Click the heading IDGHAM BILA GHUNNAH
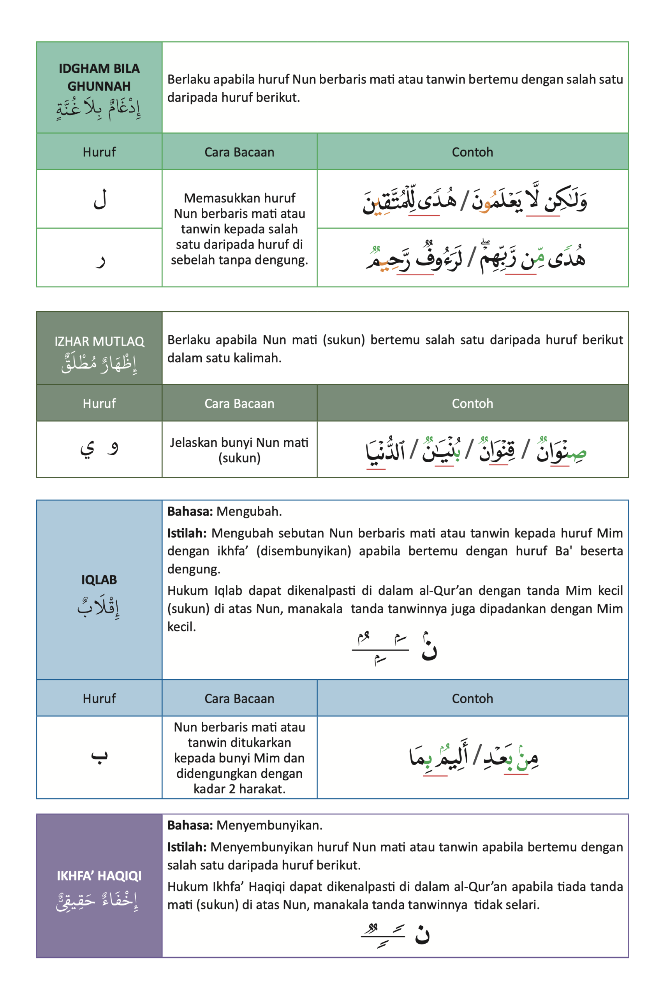(x=99, y=77)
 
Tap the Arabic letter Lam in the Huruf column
(x=100, y=199)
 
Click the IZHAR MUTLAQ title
(x=99, y=341)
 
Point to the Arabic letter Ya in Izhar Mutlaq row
(x=87, y=449)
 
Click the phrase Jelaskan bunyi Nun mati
(x=239, y=442)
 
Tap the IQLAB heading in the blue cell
(x=99, y=580)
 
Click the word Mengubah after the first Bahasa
(x=249, y=511)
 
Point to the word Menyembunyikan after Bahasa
(x=269, y=825)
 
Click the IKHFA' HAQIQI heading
(x=99, y=876)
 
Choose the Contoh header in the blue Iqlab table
(x=472, y=698)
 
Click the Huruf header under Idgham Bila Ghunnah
(x=99, y=152)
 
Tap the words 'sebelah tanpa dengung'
(x=239, y=260)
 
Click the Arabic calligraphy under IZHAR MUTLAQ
(x=99, y=363)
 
